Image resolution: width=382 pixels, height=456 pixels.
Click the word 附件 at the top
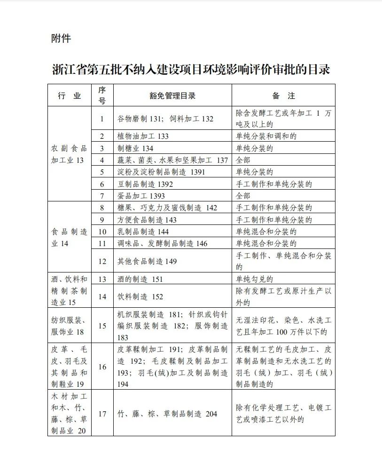tap(61, 39)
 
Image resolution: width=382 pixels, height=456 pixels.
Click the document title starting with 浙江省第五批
tap(191, 70)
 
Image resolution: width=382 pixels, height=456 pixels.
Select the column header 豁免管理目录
tap(172, 96)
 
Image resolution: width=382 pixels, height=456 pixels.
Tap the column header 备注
tap(284, 96)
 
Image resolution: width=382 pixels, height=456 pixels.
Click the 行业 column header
tap(70, 96)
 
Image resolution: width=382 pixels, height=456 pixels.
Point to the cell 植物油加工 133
tap(143, 136)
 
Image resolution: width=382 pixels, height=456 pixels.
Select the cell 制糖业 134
tap(136, 148)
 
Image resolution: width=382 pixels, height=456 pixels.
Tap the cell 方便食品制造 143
tap(147, 220)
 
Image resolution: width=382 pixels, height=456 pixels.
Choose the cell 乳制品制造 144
tap(143, 232)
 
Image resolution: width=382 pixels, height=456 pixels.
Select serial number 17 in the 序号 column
tap(102, 414)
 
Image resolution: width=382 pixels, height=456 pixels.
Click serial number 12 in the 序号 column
tap(102, 261)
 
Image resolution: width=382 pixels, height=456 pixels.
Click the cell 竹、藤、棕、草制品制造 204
tap(167, 414)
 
